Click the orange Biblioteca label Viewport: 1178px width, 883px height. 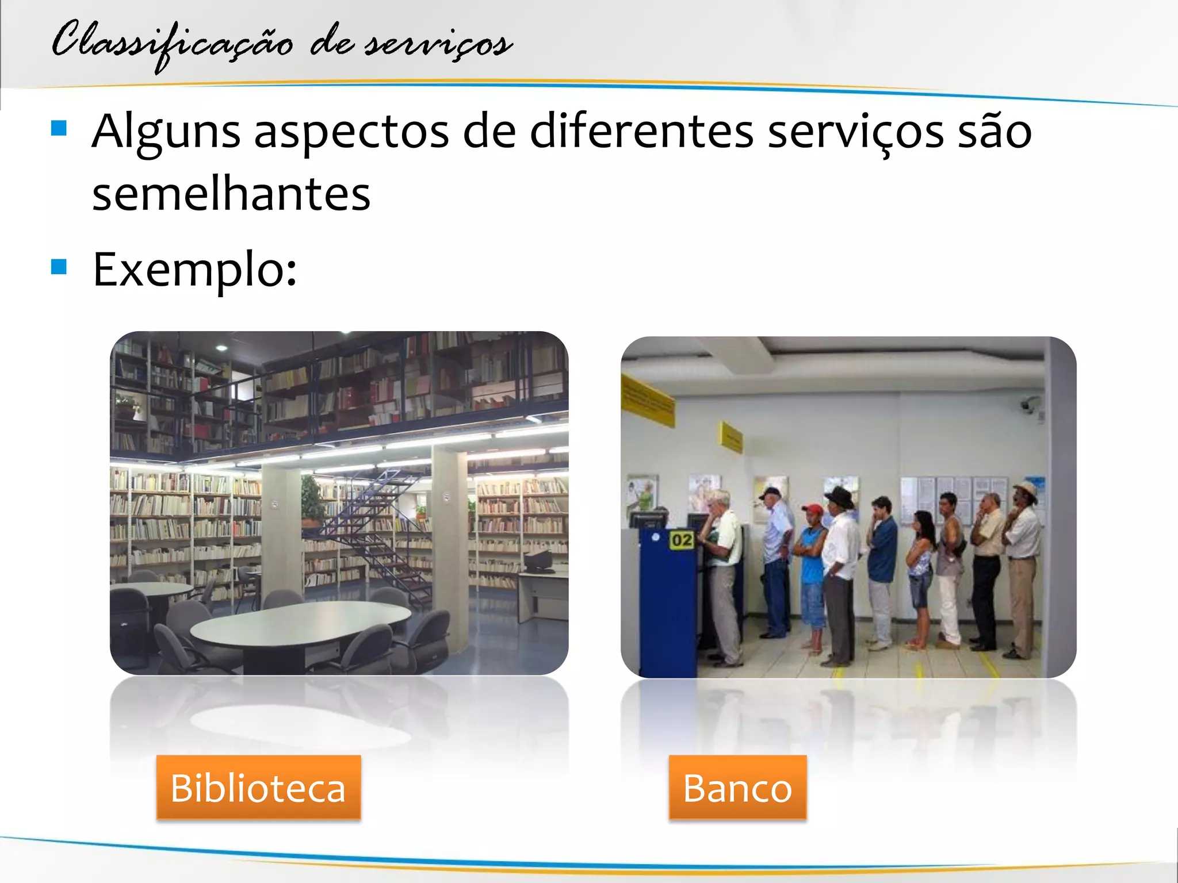pos(258,787)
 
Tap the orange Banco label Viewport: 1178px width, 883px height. pos(737,787)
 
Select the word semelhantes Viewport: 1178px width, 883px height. pos(231,194)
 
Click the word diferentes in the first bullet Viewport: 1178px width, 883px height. pos(641,131)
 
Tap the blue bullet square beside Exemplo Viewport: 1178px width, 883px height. pos(59,267)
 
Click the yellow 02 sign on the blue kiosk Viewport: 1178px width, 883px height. pos(682,540)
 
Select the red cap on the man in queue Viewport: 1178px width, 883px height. pos(813,509)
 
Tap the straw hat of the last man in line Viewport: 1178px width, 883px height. pos(1025,488)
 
